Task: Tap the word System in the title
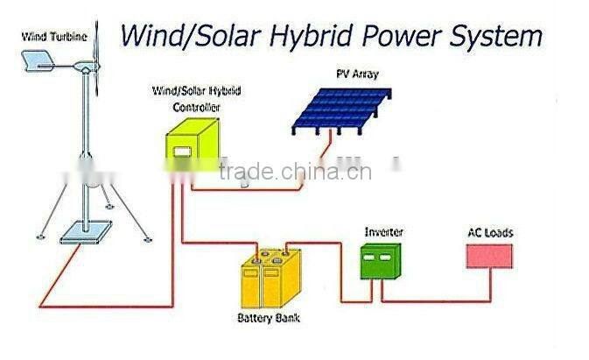point(499,36)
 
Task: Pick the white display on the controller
point(182,153)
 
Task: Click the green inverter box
point(380,261)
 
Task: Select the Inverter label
point(383,232)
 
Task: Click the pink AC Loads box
point(488,256)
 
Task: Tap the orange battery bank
point(270,278)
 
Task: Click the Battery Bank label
point(268,318)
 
